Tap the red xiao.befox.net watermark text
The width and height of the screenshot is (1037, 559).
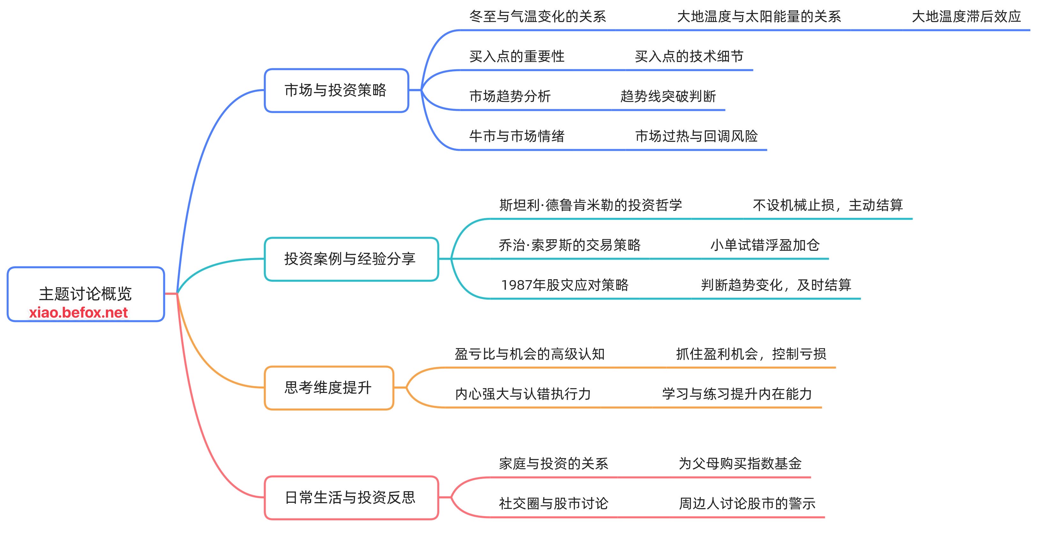coord(78,313)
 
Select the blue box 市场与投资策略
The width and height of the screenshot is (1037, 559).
coord(336,90)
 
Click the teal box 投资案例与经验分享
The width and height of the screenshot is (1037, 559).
coord(351,259)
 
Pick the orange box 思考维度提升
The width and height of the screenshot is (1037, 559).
coord(328,388)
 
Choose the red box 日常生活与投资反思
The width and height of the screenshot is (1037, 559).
coord(351,497)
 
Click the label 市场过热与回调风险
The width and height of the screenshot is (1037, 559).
coord(696,136)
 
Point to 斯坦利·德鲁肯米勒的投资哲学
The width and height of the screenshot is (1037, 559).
coord(590,205)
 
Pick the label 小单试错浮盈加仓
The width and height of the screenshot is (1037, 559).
coord(765,245)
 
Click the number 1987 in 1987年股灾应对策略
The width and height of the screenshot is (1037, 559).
coord(516,285)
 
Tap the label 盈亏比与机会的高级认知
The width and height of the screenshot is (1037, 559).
coord(530,354)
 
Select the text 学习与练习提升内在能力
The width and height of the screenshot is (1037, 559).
coord(737,394)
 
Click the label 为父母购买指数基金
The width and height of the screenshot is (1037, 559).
coord(740,463)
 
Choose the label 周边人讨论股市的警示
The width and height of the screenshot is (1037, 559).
coord(747,503)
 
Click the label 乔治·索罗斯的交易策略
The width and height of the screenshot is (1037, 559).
coord(570,245)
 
